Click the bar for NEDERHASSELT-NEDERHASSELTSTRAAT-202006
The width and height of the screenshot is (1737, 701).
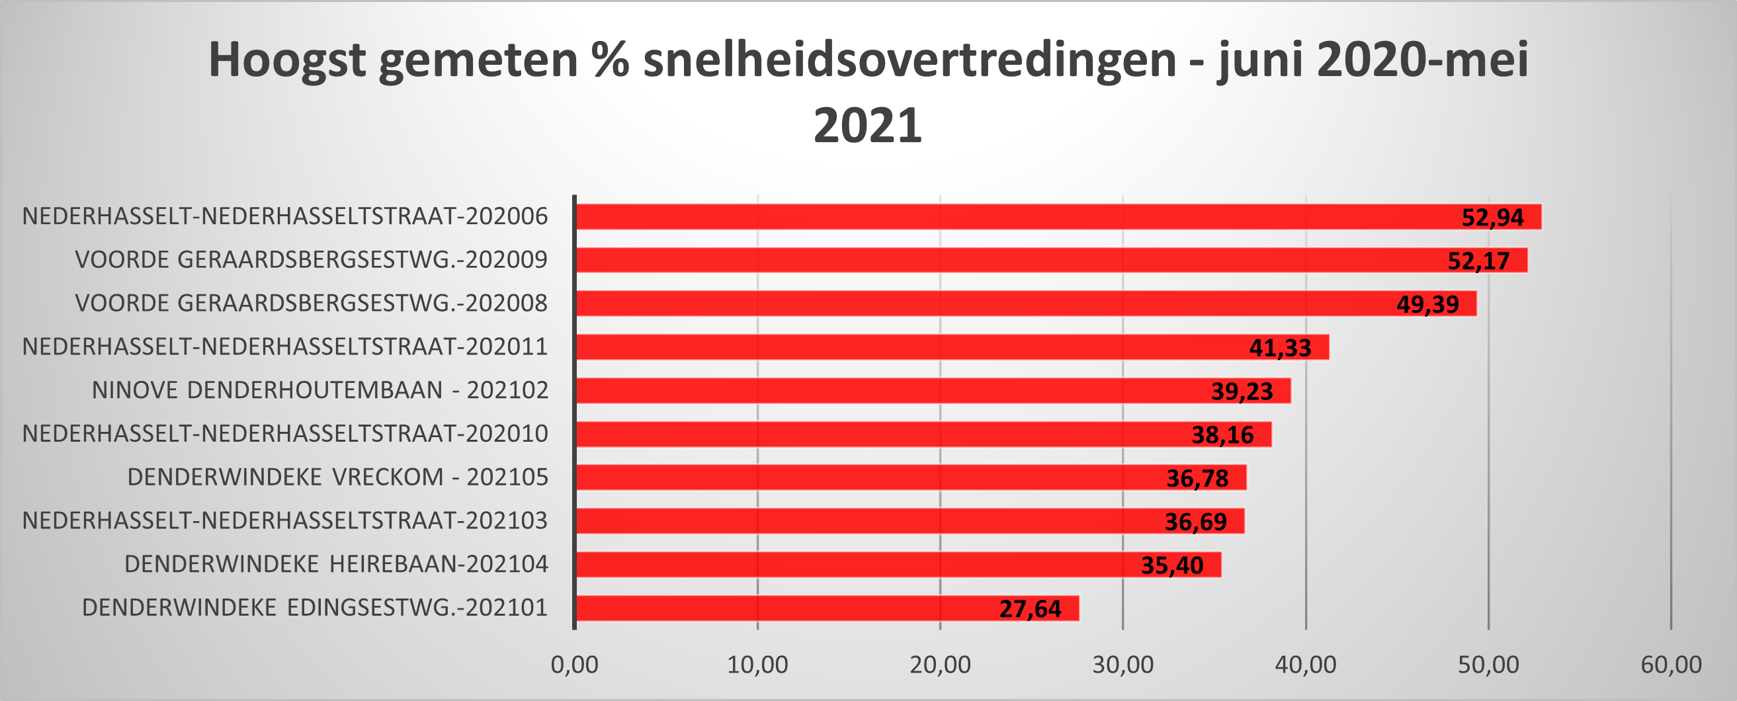pyautogui.click(x=1011, y=217)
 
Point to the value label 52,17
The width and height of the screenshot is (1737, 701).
pyautogui.click(x=1479, y=261)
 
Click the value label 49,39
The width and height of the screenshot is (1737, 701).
pyautogui.click(x=1427, y=305)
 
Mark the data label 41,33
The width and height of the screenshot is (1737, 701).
pyautogui.click(x=1280, y=348)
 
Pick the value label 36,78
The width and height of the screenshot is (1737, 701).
pyautogui.click(x=1197, y=479)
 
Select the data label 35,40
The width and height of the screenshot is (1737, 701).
pyautogui.click(x=1172, y=565)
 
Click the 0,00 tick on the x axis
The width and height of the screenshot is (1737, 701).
pyautogui.click(x=575, y=665)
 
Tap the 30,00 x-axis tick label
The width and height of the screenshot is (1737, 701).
pyautogui.click(x=1123, y=665)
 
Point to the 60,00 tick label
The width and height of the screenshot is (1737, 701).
pyautogui.click(x=1671, y=665)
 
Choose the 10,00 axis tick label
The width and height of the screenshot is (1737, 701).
pyautogui.click(x=757, y=665)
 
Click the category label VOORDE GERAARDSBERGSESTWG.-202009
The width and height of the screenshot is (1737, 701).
pyautogui.click(x=311, y=260)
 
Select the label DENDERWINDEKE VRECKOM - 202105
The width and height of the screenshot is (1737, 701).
pyautogui.click(x=338, y=477)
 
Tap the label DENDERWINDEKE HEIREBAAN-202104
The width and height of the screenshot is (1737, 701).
pyautogui.click(x=336, y=564)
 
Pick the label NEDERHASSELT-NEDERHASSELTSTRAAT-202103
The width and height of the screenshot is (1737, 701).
pyautogui.click(x=284, y=521)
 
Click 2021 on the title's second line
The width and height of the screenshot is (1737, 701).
pyautogui.click(x=868, y=127)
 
